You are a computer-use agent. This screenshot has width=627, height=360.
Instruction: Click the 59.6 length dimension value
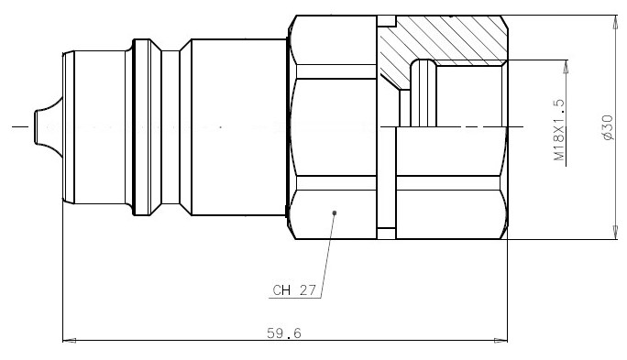[284, 333]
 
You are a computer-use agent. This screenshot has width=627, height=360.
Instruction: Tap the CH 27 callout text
[294, 290]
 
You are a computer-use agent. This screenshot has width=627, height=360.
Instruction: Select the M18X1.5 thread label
[560, 130]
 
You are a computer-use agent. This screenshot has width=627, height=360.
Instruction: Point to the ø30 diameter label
[607, 127]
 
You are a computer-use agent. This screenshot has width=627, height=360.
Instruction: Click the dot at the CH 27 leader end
[335, 213]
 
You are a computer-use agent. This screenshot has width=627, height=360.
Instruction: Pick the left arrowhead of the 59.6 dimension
[70, 341]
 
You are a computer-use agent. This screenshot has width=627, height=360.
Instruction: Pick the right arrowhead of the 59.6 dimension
[500, 341]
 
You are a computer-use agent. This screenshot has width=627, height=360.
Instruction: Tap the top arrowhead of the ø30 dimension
[616, 22]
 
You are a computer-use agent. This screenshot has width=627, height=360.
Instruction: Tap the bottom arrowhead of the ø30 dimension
[616, 233]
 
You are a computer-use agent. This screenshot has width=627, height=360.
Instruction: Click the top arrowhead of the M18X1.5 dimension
[566, 67]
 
